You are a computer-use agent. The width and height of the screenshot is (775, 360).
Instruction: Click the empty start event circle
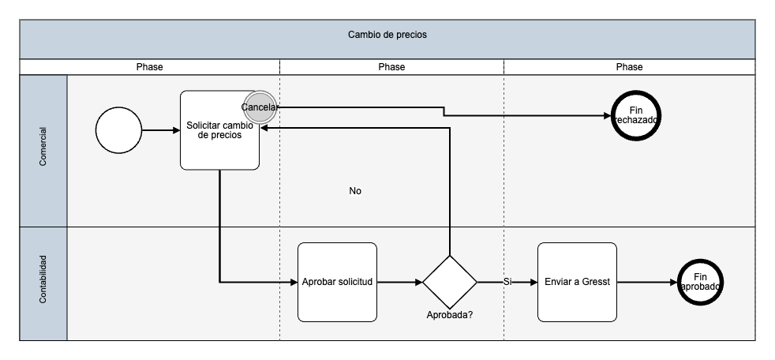click(118, 130)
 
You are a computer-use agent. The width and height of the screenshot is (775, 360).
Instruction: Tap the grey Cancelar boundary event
click(260, 107)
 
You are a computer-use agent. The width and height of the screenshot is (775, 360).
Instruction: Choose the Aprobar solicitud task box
click(337, 282)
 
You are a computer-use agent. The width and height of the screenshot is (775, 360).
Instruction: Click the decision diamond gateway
click(450, 282)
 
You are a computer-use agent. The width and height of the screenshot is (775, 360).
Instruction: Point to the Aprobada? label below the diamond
click(450, 315)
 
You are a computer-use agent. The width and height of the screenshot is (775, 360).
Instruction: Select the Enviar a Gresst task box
click(577, 282)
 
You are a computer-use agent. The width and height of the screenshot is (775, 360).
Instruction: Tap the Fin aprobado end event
click(700, 282)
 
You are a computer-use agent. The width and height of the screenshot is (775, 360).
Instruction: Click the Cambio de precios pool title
click(387, 36)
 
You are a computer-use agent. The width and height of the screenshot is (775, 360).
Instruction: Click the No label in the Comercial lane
click(355, 191)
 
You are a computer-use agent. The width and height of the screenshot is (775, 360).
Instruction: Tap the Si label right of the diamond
click(507, 282)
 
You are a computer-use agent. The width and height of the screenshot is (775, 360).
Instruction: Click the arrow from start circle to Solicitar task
click(161, 130)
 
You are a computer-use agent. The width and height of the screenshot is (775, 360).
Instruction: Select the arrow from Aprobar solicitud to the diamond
click(399, 282)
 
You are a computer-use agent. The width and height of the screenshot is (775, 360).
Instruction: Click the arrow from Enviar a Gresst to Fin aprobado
click(646, 282)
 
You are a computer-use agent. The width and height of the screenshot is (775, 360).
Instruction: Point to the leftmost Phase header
click(149, 67)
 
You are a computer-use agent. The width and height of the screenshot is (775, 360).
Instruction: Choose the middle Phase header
click(391, 67)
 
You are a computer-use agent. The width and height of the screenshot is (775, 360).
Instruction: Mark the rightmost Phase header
click(629, 67)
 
